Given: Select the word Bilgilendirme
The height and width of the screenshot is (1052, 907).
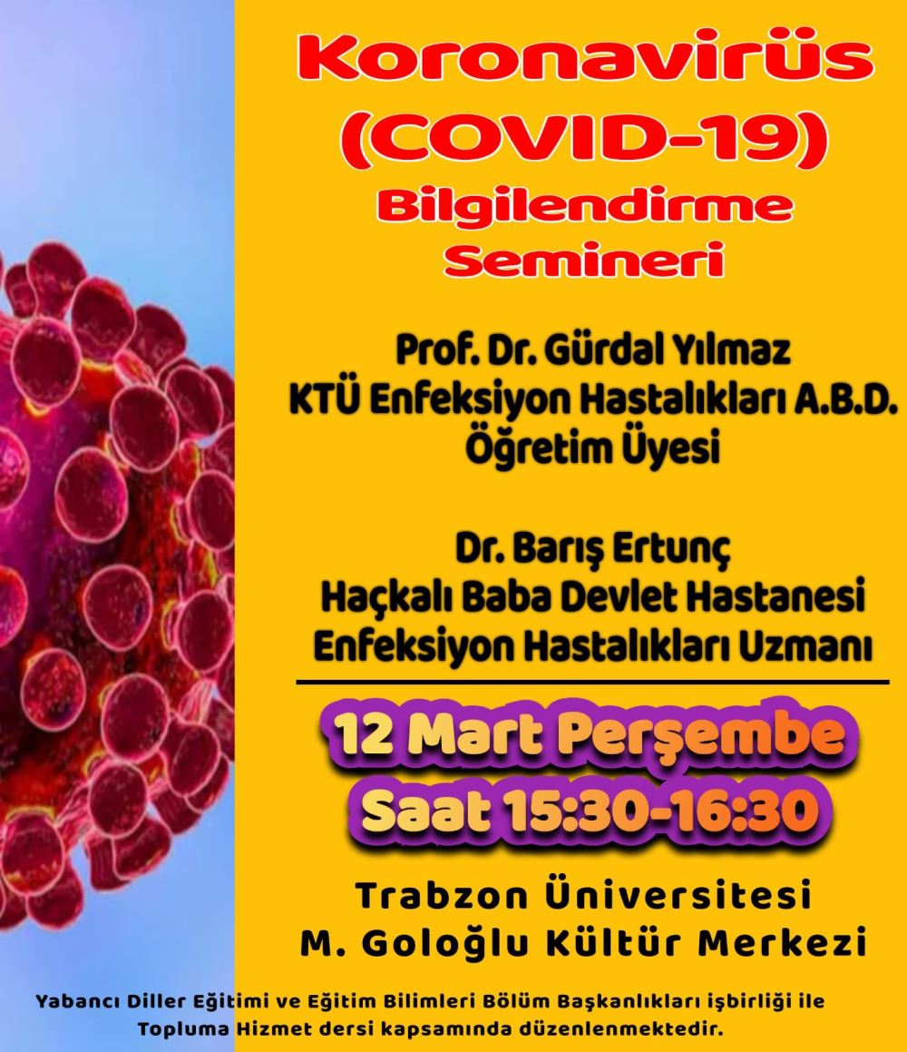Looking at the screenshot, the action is tap(585, 207).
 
